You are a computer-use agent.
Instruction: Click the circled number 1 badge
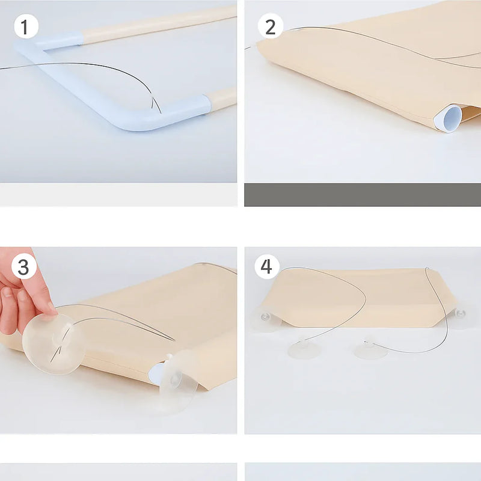26,26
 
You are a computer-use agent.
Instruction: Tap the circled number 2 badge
270,26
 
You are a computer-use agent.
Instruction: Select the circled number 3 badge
23,266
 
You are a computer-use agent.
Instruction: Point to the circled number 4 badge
266,266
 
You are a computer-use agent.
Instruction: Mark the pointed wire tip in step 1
161,112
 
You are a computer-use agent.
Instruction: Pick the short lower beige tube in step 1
222,98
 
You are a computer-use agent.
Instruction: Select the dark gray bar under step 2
363,195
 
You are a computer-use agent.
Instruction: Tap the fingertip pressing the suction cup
51,308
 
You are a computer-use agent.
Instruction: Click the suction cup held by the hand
54,343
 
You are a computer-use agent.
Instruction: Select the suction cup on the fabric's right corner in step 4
459,316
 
